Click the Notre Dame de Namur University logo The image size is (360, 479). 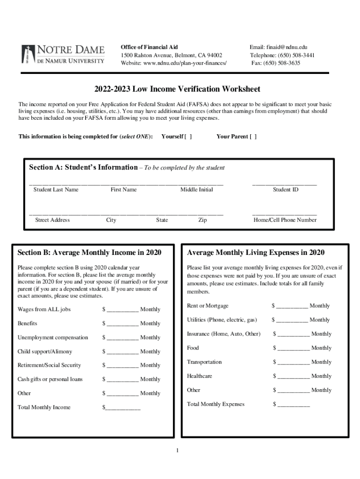(63, 55)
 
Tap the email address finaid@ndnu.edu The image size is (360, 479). (278, 47)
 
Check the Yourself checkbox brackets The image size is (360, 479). (188, 137)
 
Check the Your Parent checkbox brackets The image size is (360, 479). (252, 137)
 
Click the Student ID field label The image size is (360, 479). (285, 189)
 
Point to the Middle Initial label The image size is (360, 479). (196, 189)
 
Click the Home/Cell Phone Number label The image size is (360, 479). (285, 220)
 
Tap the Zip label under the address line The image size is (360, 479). (202, 220)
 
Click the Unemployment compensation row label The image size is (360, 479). (53, 337)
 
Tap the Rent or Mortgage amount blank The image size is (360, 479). (292, 306)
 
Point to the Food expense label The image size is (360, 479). (193, 348)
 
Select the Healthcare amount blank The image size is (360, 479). (294, 377)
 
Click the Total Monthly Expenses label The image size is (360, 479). (216, 404)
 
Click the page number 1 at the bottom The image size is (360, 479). (178, 451)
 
